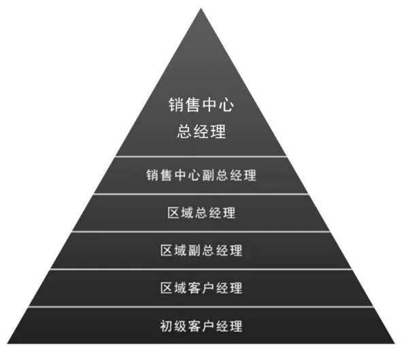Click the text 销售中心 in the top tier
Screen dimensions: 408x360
pos(201,105)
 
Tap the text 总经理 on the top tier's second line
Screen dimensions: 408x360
pos(201,131)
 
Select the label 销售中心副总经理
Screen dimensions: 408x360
pos(201,175)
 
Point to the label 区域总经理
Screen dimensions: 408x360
pos(201,213)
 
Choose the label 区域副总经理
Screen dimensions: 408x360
pos(201,250)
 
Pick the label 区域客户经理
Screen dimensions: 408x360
pos(201,288)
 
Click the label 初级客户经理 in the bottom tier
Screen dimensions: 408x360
pos(201,326)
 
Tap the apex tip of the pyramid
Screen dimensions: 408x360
pos(201,8)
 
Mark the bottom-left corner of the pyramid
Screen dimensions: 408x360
pos(7,344)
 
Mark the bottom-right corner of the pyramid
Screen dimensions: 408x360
pos(394,344)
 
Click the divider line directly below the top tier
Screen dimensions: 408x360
pos(201,157)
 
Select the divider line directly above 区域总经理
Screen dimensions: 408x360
pos(201,194)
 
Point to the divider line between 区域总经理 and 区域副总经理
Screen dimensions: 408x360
pos(201,231)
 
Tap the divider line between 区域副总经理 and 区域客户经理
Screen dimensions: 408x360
pos(201,269)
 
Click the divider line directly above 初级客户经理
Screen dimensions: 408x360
pos(201,307)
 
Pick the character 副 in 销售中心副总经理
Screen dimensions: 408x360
pos(208,175)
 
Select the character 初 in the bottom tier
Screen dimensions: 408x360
pos(167,326)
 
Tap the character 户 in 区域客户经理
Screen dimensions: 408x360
pos(208,288)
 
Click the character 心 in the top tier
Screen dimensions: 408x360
pos(226,105)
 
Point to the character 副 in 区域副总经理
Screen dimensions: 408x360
pos(194,250)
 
